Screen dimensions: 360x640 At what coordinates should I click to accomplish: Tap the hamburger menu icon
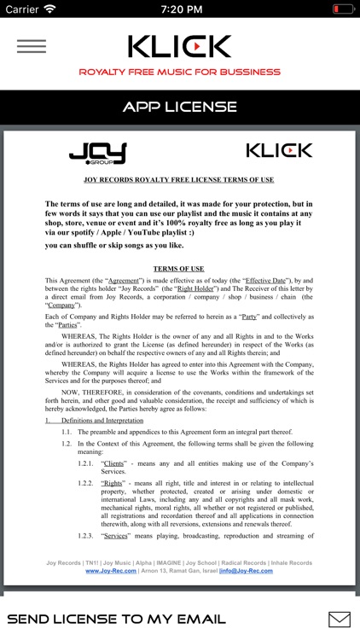31,46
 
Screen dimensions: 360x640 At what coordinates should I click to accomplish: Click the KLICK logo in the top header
179,46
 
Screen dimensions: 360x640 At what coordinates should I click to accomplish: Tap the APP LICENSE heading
179,108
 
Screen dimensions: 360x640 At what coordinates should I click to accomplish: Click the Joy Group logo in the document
97,154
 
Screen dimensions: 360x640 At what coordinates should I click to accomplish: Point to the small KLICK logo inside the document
279,151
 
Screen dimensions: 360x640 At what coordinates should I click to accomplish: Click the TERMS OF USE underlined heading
179,269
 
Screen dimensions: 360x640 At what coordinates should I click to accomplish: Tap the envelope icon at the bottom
339,619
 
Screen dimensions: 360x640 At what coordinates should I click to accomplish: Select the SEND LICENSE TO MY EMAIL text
116,619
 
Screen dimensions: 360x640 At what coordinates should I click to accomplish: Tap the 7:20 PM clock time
179,9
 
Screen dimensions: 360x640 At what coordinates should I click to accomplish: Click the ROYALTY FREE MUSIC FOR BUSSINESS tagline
179,73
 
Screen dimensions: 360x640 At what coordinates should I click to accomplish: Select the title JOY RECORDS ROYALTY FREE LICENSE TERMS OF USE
179,179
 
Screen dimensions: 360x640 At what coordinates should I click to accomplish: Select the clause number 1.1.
66,433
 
